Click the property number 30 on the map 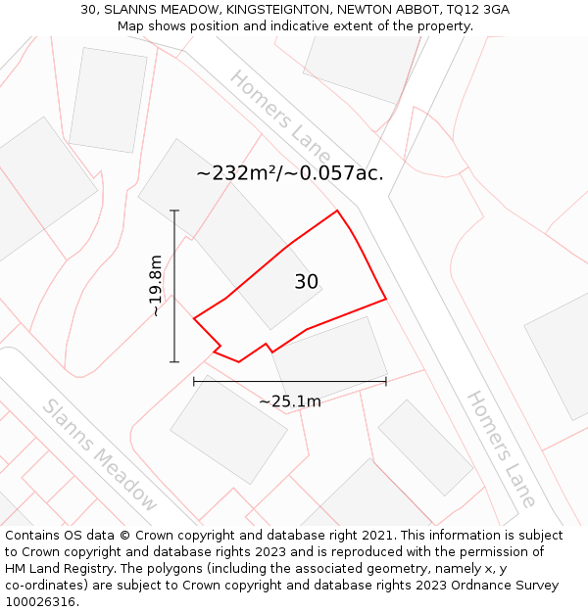tap(307, 282)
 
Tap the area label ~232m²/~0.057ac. tap(289, 173)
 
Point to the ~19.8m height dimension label tap(155, 286)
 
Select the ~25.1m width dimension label tap(289, 400)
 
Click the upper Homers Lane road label tap(280, 116)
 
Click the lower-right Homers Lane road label tap(501, 449)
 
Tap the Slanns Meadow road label tap(99, 455)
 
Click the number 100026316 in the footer tap(42, 601)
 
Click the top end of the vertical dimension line tap(174, 211)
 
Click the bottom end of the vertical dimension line tap(174, 362)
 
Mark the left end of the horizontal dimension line tap(194, 381)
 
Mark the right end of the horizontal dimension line tap(386, 381)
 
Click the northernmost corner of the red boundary tap(337, 211)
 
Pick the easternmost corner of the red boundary tap(386, 298)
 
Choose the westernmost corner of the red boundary tap(194, 317)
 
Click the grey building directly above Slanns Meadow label tap(228, 430)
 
